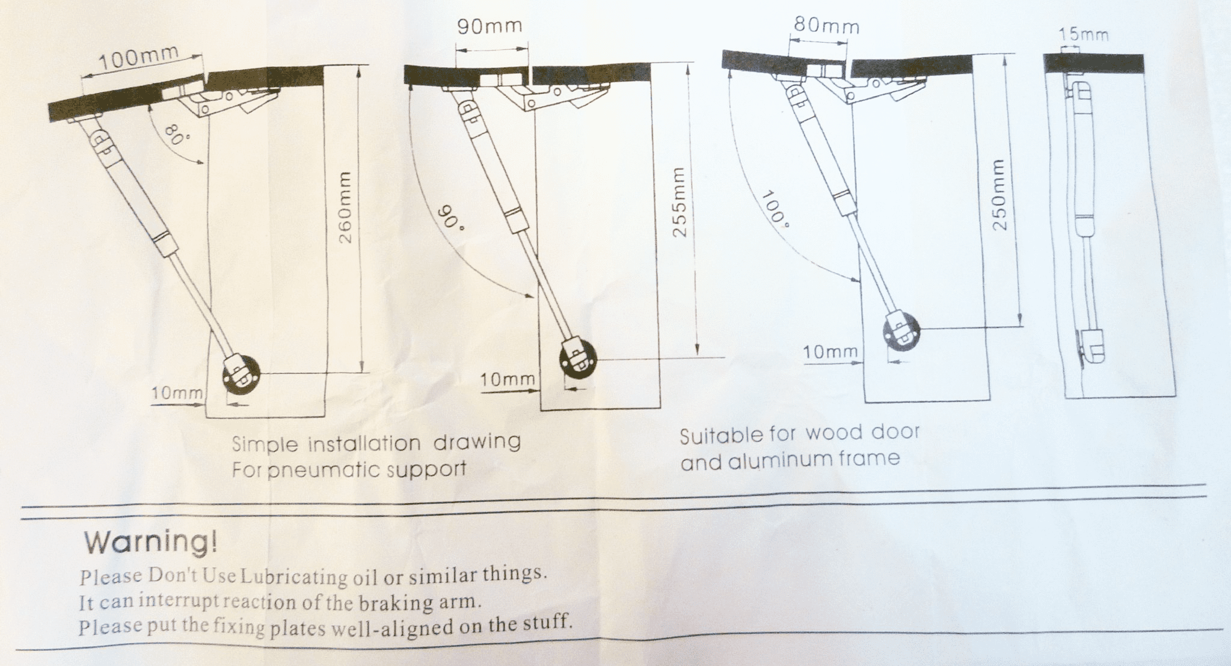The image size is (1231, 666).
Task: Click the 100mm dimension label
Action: (x=138, y=58)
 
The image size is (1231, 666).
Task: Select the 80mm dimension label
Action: (x=826, y=25)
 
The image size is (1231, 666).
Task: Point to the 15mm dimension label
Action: (x=1084, y=35)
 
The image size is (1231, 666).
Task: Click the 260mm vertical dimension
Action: (x=345, y=207)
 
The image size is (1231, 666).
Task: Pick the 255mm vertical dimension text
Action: (x=679, y=202)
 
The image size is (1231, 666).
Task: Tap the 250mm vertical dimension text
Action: (x=999, y=195)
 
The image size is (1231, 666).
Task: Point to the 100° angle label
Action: (x=776, y=210)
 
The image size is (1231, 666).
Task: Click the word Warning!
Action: (x=151, y=542)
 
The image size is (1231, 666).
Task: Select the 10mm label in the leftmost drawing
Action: (x=176, y=394)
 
